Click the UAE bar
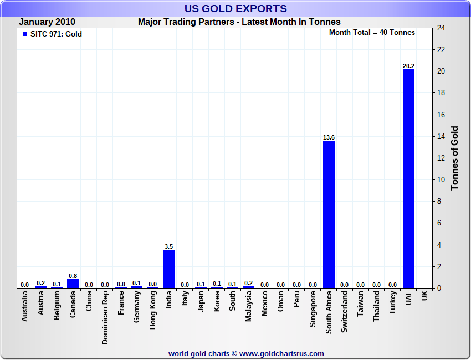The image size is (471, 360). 408,178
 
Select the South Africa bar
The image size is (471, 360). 329,214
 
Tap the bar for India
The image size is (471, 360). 168,269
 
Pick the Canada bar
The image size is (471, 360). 73,283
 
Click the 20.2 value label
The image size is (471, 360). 408,66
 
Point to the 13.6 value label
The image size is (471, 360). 329,137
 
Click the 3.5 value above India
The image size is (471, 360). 168,246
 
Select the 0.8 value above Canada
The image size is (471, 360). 73,275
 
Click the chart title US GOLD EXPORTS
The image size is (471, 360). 235,8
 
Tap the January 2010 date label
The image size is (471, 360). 47,22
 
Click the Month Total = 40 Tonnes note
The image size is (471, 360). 372,33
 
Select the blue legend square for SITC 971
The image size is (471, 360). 24,34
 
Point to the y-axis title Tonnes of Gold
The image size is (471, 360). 454,158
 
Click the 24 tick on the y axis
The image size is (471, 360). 442,28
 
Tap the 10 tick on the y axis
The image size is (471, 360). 442,180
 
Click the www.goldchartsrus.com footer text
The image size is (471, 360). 281,353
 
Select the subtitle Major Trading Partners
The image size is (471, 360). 239,22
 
